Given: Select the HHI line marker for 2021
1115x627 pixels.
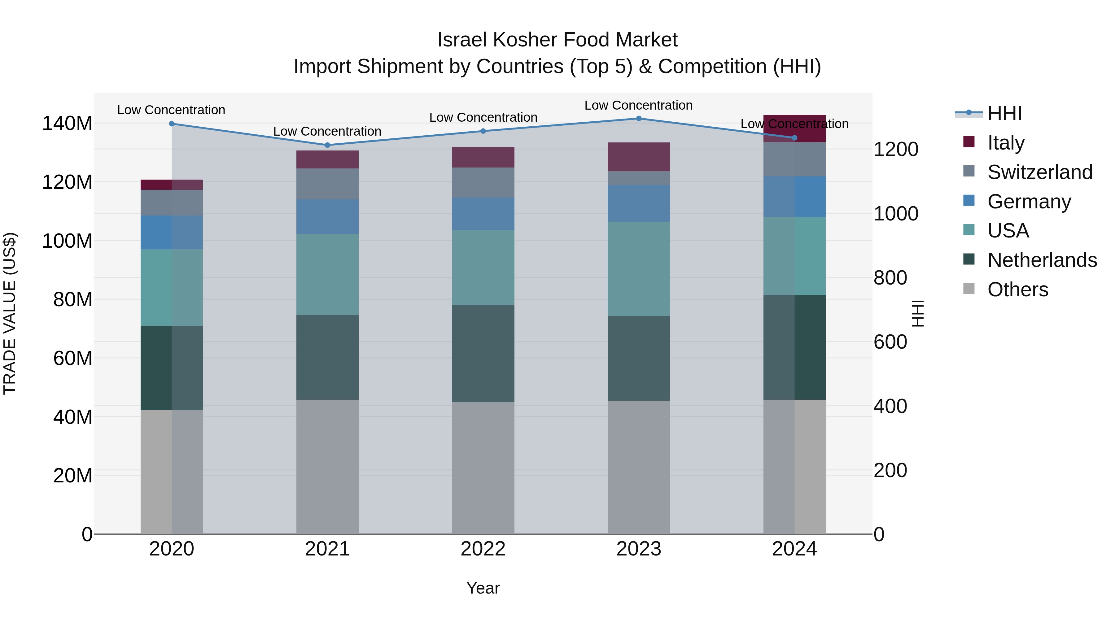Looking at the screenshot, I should click(x=327, y=145).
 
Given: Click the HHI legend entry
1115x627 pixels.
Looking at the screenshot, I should click(x=1004, y=113).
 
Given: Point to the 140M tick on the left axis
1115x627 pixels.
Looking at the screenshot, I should click(x=67, y=124).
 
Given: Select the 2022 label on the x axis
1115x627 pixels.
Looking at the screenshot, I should click(x=483, y=549).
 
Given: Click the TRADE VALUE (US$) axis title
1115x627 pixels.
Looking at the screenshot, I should click(x=10, y=313).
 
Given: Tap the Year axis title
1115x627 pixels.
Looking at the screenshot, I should click(x=483, y=588).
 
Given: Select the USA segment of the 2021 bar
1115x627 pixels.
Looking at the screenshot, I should click(x=327, y=274).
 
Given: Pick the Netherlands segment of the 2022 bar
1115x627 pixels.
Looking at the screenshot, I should click(x=483, y=354).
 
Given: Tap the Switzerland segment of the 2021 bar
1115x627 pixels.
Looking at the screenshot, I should click(x=327, y=184).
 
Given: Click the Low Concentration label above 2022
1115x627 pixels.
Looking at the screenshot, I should click(x=483, y=117).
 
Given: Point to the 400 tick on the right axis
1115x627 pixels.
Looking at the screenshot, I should click(x=890, y=406).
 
